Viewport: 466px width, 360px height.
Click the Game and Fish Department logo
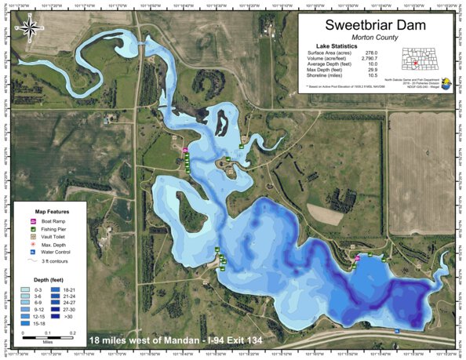[x=446, y=82]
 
